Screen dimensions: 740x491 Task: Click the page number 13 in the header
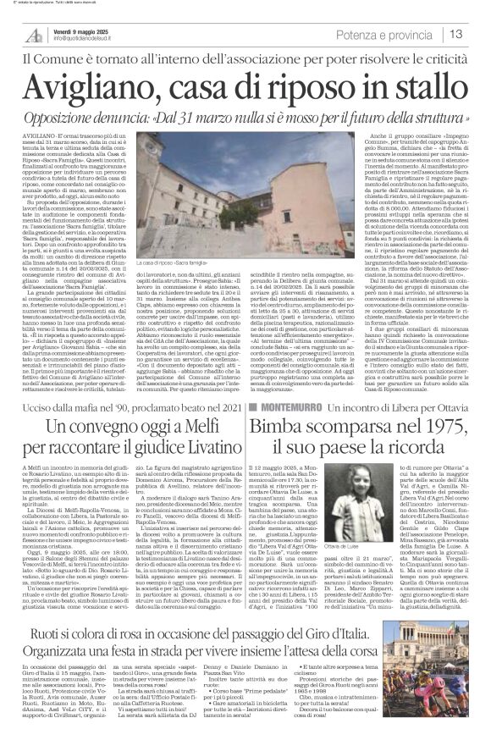pos(477,34)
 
